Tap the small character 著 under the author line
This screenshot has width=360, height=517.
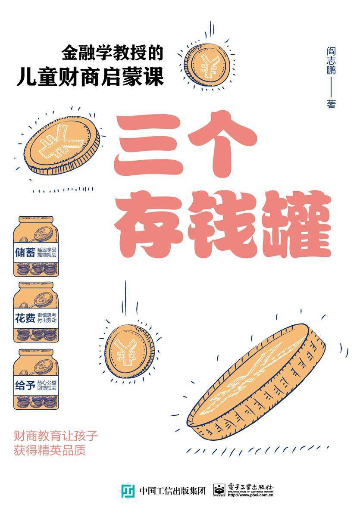pyautogui.click(x=331, y=104)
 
